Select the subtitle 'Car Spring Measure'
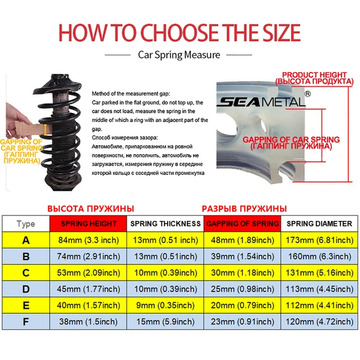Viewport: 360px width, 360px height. tap(179, 55)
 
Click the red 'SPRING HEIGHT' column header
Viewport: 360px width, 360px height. tap(89, 223)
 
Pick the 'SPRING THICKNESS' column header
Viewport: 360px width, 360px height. tap(165, 223)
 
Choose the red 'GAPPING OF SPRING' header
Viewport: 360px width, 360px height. tap(242, 223)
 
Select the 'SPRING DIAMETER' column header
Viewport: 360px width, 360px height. tap(319, 223)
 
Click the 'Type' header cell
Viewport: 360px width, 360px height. tap(25, 223)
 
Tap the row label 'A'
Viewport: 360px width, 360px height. tap(25, 240)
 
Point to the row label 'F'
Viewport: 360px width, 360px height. tap(25, 322)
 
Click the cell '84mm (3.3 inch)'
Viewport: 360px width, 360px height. tap(89, 240)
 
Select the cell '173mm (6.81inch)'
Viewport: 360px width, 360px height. tap(319, 240)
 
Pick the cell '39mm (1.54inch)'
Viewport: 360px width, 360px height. tap(242, 256)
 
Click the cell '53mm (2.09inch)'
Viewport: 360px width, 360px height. tap(89, 273)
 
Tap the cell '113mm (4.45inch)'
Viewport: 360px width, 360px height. tap(319, 289)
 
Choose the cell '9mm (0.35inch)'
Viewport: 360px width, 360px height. tap(165, 305)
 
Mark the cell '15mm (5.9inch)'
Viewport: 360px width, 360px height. tap(165, 322)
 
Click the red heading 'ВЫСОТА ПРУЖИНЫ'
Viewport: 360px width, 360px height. tap(90, 207)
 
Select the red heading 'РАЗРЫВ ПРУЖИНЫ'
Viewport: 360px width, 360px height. tap(244, 207)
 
